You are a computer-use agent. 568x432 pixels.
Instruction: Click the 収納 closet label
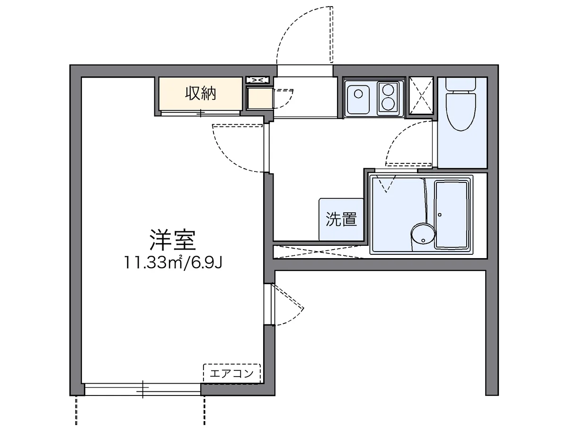pyautogui.click(x=200, y=94)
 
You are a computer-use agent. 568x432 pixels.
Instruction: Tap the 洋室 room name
pyautogui.click(x=172, y=240)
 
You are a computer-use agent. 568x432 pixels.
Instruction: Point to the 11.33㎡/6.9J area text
pyautogui.click(x=173, y=262)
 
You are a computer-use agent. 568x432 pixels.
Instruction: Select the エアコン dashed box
pyautogui.click(x=232, y=373)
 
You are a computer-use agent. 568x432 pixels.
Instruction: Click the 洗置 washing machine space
pyautogui.click(x=341, y=219)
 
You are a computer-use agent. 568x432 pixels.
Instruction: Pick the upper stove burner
pyautogui.click(x=390, y=89)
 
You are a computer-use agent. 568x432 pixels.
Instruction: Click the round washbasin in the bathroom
pyautogui.click(x=423, y=234)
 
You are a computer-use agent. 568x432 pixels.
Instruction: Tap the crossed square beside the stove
pyautogui.click(x=421, y=95)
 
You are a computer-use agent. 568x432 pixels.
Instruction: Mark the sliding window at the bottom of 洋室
pyautogui.click(x=142, y=389)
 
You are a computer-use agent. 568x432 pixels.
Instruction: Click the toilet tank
pyautogui.click(x=461, y=85)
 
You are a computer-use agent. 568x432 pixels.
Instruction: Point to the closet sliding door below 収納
pyautogui.click(x=202, y=113)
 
